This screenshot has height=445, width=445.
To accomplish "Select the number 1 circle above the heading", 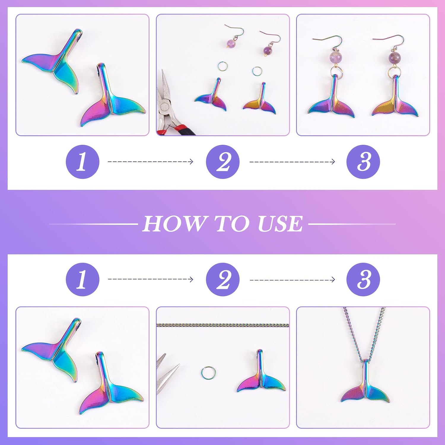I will tap(82, 162).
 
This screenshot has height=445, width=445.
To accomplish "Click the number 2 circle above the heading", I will tap(223, 162).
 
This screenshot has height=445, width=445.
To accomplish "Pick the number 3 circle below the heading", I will tap(363, 279).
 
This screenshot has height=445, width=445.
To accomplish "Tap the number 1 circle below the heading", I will tap(82, 279).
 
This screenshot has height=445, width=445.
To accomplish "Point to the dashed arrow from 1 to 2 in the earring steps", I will tap(150, 162).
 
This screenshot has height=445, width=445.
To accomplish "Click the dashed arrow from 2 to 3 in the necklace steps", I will tap(292, 280).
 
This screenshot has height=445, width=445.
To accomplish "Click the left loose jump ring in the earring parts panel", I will tap(222, 66).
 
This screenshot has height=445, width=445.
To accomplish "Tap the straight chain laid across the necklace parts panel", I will tap(223, 325).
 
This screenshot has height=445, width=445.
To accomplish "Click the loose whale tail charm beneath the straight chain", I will tap(261, 377).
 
